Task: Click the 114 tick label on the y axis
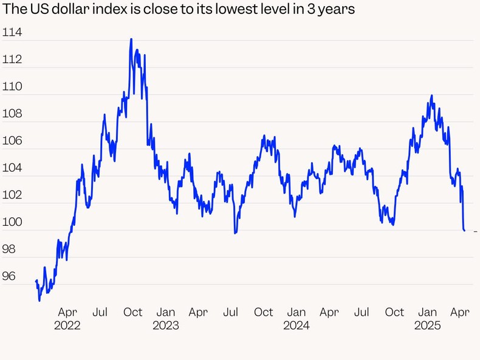pyautogui.click(x=12, y=33)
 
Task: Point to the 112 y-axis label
pyautogui.click(x=12, y=59)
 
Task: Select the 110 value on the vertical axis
pyautogui.click(x=12, y=87)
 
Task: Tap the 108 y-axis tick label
pyautogui.click(x=12, y=114)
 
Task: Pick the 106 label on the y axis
pyautogui.click(x=12, y=141)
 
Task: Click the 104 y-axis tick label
pyautogui.click(x=12, y=168)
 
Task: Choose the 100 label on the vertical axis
pyautogui.click(x=12, y=222)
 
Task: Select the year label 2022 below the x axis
pyautogui.click(x=67, y=326)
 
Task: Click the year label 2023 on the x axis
pyautogui.click(x=166, y=326)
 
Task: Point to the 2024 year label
pyautogui.click(x=297, y=326)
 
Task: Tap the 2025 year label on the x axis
pyautogui.click(x=428, y=326)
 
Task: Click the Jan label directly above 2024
pyautogui.click(x=297, y=313)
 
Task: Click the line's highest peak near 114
pyautogui.click(x=131, y=39)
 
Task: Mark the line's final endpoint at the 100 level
pyautogui.click(x=464, y=231)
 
